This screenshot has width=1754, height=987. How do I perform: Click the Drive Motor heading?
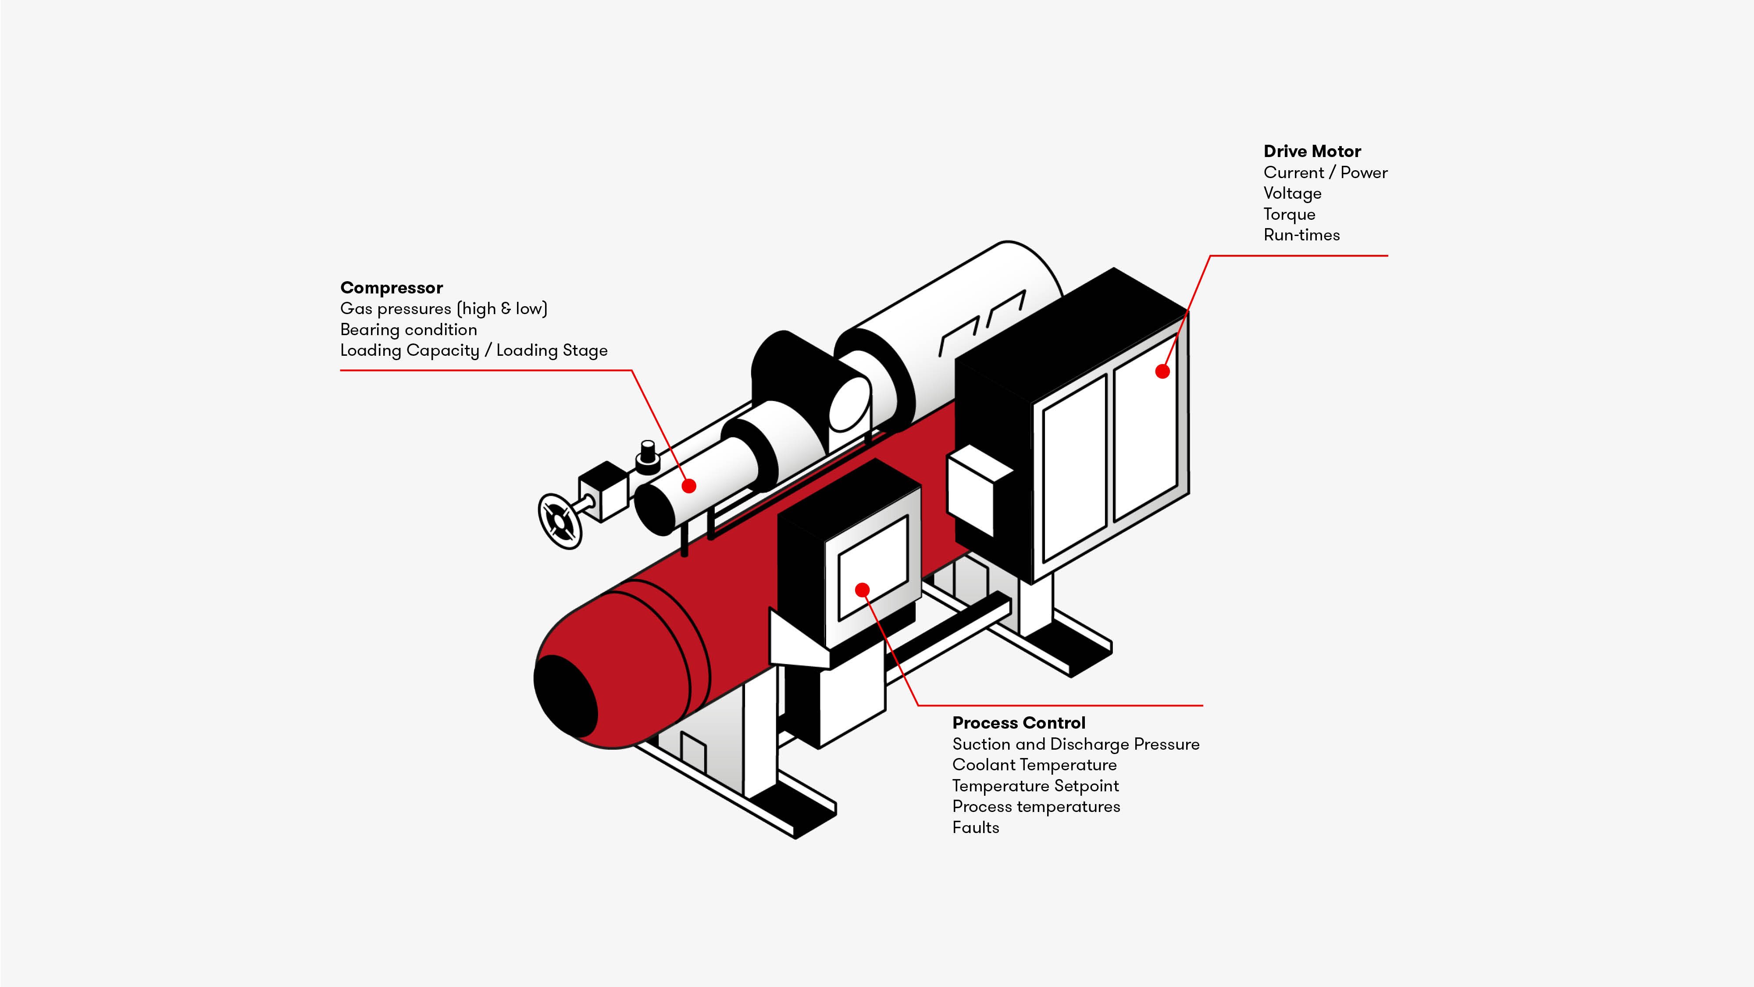(x=1312, y=151)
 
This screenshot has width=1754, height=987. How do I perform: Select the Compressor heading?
(x=392, y=288)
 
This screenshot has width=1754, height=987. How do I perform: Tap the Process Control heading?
(x=1019, y=723)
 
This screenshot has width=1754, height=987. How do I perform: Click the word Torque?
(x=1289, y=215)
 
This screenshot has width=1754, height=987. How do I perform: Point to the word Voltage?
(x=1292, y=193)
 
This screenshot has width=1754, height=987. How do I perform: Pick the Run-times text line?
(x=1301, y=235)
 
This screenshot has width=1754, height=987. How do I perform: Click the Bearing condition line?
(x=409, y=330)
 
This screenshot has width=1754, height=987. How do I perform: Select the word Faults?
(x=975, y=828)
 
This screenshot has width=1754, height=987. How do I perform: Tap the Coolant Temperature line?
(x=1034, y=765)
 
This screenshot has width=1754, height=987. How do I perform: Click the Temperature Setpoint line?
(x=1035, y=786)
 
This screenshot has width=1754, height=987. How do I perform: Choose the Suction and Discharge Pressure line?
(x=1076, y=744)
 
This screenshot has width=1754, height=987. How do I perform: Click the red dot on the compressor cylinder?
(x=689, y=486)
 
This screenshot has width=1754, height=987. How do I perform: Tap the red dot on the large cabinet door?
(x=1162, y=371)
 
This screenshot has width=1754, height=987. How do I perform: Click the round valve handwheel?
(x=560, y=521)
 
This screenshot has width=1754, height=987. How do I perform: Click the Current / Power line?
(x=1325, y=173)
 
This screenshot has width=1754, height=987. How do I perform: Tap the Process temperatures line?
(x=1036, y=807)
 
